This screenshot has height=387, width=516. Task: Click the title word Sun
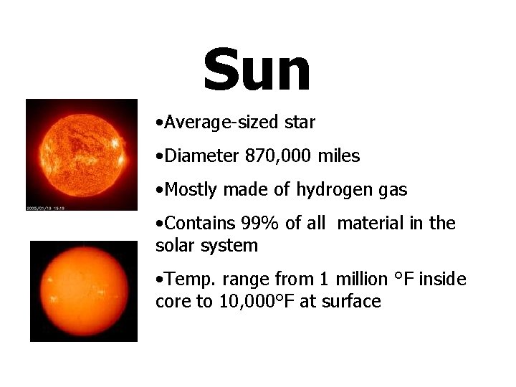257,70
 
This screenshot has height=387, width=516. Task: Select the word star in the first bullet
300,123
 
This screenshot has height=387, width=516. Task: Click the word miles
336,156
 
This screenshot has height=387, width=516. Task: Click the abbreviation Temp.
186,279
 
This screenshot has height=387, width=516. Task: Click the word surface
352,302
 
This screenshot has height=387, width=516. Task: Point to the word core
171,302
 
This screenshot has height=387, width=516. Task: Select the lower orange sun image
83,291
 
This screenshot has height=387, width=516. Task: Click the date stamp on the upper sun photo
45,208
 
